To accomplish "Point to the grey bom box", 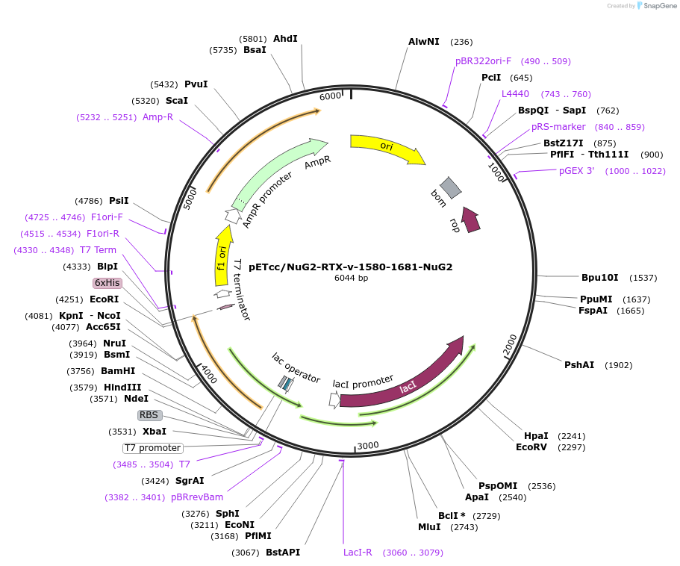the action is (x=451, y=187).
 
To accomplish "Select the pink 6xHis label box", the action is (x=107, y=283).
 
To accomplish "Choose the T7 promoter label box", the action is (x=153, y=448).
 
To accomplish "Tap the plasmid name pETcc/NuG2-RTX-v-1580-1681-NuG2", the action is (x=350, y=267).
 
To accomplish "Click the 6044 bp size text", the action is (x=351, y=278).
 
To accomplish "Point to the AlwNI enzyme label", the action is (x=424, y=42).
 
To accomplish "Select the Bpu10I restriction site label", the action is (x=600, y=278).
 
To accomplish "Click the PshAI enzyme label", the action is (x=579, y=365).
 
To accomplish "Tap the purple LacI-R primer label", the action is (x=358, y=553).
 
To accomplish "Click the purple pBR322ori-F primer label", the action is (x=483, y=61).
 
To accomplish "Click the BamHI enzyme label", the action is (x=118, y=371).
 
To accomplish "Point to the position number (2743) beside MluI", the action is (x=464, y=527).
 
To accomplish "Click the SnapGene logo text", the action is (x=660, y=6).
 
